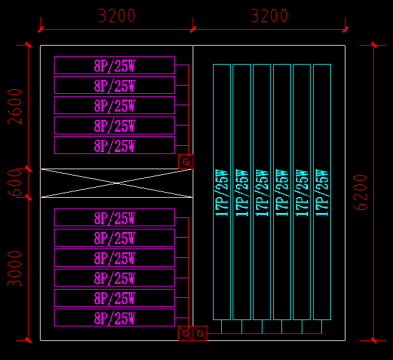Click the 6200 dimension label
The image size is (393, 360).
tap(360, 193)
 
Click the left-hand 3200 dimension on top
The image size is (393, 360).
tap(117, 16)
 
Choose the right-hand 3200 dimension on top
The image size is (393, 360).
tap(269, 16)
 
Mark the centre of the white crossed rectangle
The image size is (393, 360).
tap(117, 183)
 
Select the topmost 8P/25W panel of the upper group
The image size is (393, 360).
tap(114, 65)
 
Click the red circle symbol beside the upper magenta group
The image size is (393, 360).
tap(186, 162)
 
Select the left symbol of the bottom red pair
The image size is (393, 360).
tap(186, 333)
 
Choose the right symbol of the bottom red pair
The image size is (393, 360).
tap(200, 333)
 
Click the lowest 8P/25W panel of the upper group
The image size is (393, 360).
tap(114, 145)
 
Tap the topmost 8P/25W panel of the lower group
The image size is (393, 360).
tap(114, 218)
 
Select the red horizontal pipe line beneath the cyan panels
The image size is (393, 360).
tap(266, 333)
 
